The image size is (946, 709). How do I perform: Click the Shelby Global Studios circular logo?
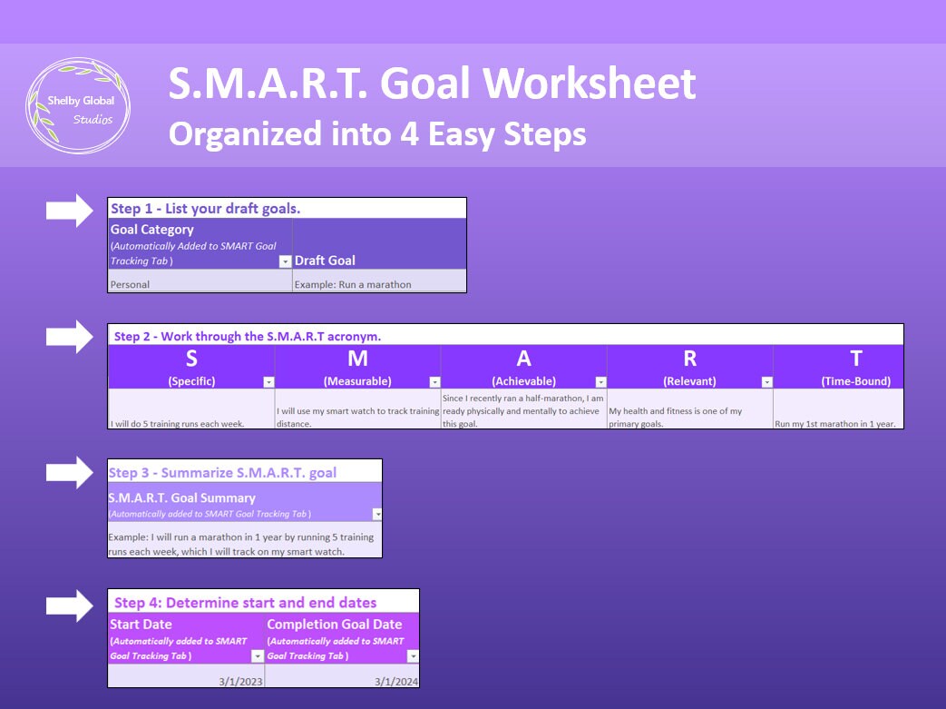pos(77,106)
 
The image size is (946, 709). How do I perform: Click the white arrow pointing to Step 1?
pos(70,211)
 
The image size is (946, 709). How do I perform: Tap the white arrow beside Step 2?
pos(70,337)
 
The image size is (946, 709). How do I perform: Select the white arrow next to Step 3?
pos(70,472)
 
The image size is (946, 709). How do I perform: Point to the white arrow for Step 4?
pos(70,605)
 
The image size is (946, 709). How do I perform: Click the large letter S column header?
pos(191,358)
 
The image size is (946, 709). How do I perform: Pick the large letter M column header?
pos(357,358)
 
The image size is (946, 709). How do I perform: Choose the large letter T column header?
pos(855,358)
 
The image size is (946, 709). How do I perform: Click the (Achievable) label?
pos(523,381)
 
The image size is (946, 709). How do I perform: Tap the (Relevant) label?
pos(689,381)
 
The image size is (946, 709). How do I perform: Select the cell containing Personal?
pos(200,284)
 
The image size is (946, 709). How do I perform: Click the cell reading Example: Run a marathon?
pos(378,284)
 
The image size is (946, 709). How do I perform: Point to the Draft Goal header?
pos(325,261)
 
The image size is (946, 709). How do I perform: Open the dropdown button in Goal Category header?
pos(285,261)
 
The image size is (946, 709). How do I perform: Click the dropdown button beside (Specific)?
pos(268,382)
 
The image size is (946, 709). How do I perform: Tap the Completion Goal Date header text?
pos(335,624)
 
